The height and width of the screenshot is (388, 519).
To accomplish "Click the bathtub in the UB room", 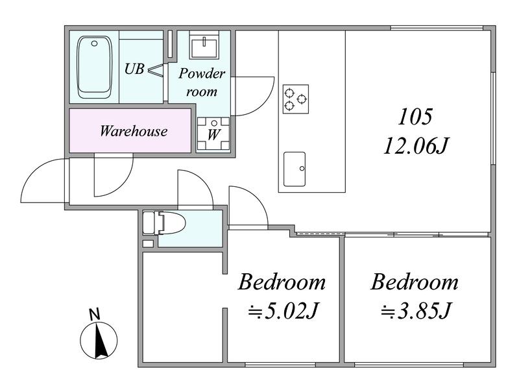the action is click(x=94, y=67).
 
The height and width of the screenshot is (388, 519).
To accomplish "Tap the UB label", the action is click(x=134, y=69).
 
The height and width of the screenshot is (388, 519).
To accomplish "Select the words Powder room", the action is click(x=202, y=82).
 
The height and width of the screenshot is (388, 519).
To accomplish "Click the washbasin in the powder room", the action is click(x=204, y=45).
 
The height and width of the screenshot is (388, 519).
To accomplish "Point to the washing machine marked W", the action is click(x=213, y=134).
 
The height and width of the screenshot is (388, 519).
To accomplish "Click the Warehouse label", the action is click(x=134, y=131).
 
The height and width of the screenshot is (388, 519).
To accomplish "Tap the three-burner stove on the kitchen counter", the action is click(x=296, y=99).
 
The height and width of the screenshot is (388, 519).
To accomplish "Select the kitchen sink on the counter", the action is click(x=295, y=169).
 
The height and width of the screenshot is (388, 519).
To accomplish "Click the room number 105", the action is click(x=415, y=117).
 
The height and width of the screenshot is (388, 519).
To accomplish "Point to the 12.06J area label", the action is click(x=416, y=146).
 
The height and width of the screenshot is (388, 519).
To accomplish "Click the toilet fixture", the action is click(x=164, y=223).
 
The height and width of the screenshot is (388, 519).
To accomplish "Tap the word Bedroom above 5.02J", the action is click(x=282, y=282).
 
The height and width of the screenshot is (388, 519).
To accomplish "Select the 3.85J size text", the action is click(x=416, y=311).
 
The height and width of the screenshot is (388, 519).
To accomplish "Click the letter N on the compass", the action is click(x=95, y=314).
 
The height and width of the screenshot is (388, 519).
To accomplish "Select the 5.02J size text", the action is click(x=284, y=311).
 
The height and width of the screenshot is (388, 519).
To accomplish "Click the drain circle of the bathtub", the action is click(x=95, y=43).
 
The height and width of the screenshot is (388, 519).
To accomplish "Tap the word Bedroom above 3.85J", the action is click(x=415, y=282).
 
